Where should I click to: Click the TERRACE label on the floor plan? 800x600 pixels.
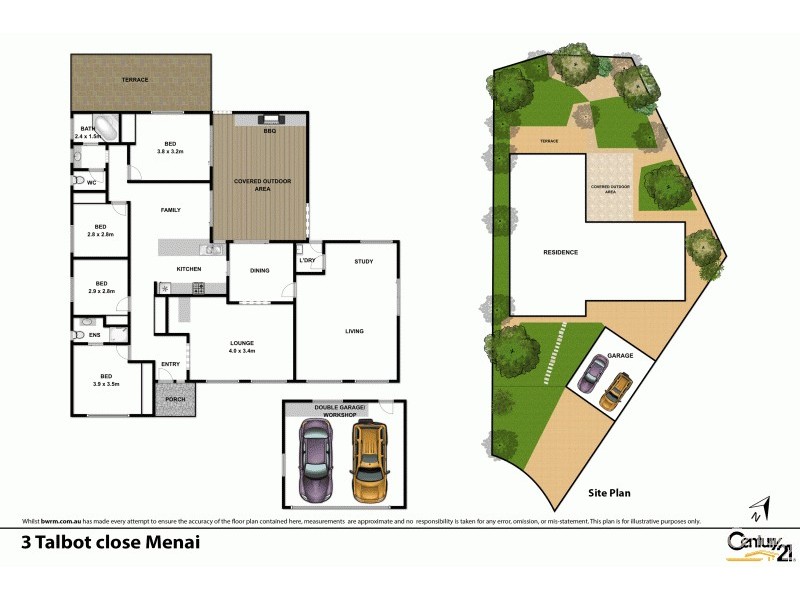[x=135, y=79]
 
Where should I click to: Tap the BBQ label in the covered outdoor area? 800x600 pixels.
[x=269, y=131]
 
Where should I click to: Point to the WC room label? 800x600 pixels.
[x=91, y=183]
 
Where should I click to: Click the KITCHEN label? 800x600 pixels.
[x=189, y=269]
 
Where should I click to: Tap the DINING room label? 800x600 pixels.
[x=260, y=270]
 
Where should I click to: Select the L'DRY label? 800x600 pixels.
[x=308, y=261]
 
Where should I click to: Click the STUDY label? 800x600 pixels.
[x=363, y=262]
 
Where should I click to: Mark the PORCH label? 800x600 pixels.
[x=176, y=398]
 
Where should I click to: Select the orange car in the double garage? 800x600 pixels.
[x=369, y=459]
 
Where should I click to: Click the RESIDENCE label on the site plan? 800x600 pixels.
[x=560, y=252]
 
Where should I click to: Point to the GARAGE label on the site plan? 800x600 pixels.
[x=621, y=355]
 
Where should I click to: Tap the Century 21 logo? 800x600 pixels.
[x=751, y=540]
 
